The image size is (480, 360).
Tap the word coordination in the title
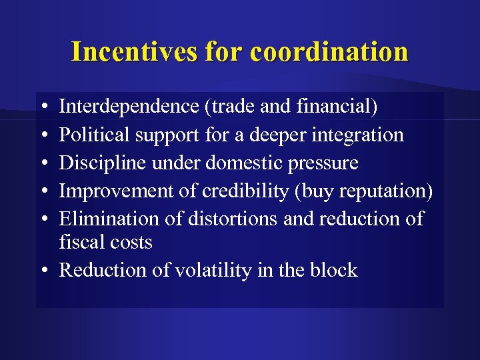pyautogui.click(x=329, y=51)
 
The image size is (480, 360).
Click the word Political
pyautogui.click(x=95, y=135)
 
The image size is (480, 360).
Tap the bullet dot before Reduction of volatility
pyautogui.click(x=43, y=271)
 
